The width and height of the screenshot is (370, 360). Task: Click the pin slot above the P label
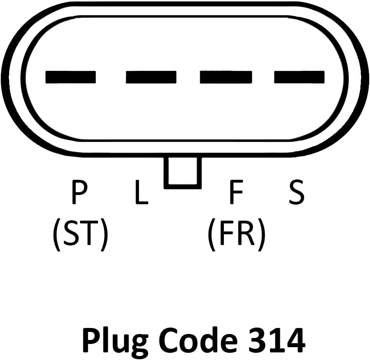pos(70,77)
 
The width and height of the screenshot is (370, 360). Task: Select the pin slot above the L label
pos(151,77)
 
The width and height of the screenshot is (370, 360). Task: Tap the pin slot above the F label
pos(226,77)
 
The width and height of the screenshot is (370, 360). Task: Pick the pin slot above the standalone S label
pos(299,77)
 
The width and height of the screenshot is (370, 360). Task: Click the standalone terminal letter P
pos(80,192)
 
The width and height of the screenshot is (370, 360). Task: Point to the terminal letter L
pos(142,192)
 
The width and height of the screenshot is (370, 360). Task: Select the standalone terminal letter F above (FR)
pos(236,192)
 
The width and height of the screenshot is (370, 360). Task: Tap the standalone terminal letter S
pos(297,192)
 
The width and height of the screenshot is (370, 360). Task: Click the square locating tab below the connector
pos(183,173)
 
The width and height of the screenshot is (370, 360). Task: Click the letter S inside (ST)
pos(71,232)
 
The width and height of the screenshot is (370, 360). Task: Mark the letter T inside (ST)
pos(89,232)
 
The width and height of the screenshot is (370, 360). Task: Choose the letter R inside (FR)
pos(247,232)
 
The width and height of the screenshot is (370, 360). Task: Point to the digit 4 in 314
pos(295,340)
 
